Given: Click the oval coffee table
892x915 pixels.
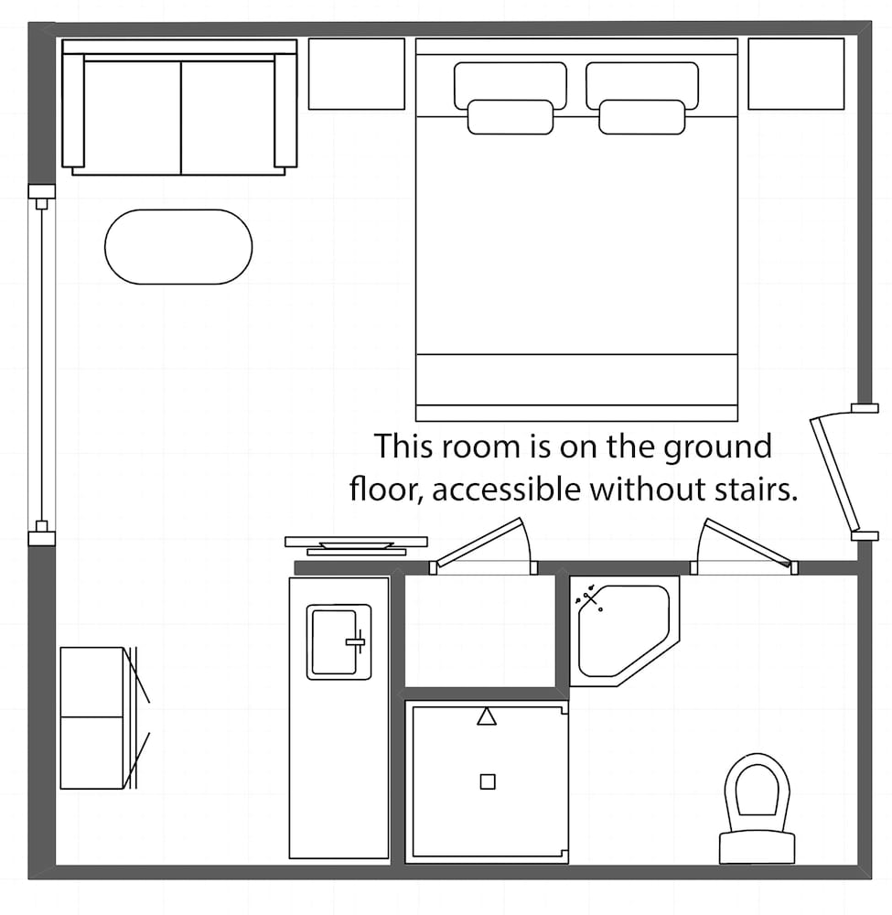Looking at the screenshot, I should tap(178, 247).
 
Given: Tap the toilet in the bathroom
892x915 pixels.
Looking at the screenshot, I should tap(757, 805).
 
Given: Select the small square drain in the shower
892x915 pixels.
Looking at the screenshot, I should tap(488, 780).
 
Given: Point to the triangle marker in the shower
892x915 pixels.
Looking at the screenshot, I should tap(487, 716).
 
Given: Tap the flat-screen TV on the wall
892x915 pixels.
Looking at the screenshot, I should tap(356, 544).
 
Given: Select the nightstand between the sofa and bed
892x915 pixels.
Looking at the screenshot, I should tap(356, 74).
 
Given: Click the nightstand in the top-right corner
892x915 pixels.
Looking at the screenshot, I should tap(796, 74).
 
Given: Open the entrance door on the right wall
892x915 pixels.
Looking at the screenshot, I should tap(834, 473).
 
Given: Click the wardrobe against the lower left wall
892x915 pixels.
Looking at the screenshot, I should tap(91, 718).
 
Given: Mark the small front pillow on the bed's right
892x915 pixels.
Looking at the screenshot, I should tap(641, 117).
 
